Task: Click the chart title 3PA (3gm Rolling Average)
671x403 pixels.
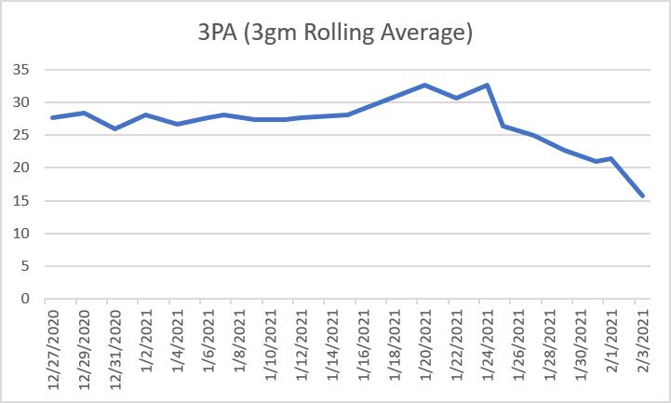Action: pyautogui.click(x=335, y=34)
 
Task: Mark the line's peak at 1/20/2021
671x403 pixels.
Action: pyautogui.click(x=425, y=85)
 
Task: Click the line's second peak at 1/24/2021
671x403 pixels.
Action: pyautogui.click(x=487, y=85)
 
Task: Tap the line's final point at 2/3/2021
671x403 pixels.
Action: pyautogui.click(x=642, y=195)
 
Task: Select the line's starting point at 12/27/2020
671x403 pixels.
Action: pyautogui.click(x=52, y=117)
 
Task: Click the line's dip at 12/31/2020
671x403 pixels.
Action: pyautogui.click(x=114, y=128)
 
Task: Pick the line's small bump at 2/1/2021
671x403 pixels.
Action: pyautogui.click(x=611, y=158)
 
